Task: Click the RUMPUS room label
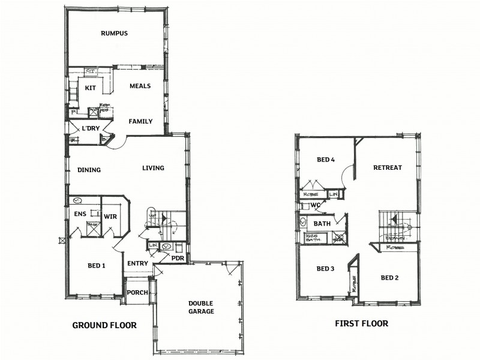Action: (114, 34)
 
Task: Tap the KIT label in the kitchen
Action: (91, 88)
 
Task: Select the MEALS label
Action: (140, 86)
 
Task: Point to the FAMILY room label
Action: (140, 121)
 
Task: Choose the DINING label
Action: (89, 170)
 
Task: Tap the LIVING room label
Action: (153, 168)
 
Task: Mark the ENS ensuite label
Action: (80, 214)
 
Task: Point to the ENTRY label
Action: (137, 263)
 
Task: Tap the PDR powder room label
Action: (177, 258)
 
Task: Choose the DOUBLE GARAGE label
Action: (201, 307)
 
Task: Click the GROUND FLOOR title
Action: (104, 326)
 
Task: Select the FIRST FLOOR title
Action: (361, 323)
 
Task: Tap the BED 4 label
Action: (325, 160)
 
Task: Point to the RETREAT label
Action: (387, 167)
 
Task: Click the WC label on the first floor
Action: (315, 205)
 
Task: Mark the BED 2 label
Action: (390, 278)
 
